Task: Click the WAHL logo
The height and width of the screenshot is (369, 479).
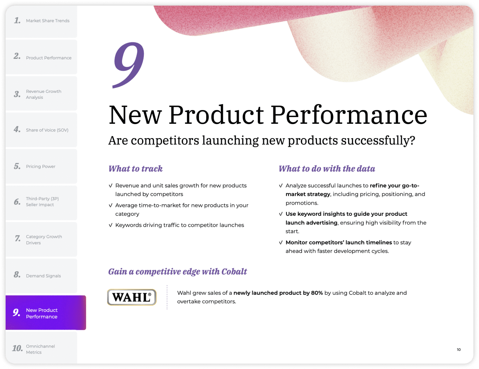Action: (x=131, y=297)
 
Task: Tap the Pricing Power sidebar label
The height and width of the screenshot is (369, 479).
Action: (x=41, y=166)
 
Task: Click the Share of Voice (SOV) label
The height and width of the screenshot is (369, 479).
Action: (x=47, y=130)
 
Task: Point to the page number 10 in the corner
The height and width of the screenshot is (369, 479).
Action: (x=459, y=350)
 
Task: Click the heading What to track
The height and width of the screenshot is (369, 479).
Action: (x=136, y=169)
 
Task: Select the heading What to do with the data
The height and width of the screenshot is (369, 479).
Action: (x=327, y=169)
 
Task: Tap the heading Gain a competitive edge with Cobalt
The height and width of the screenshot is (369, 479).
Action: (x=177, y=272)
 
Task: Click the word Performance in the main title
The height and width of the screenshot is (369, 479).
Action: (x=349, y=115)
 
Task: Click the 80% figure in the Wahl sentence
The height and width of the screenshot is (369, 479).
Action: (x=317, y=293)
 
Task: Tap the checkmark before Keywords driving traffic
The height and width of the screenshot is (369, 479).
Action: (x=111, y=225)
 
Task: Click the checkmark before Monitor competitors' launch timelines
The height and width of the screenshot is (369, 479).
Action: (x=281, y=242)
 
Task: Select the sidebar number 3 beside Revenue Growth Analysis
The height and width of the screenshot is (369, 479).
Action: (x=17, y=94)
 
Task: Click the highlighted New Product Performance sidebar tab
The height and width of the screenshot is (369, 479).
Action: (x=46, y=313)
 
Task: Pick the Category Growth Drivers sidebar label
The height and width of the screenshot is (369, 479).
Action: (x=44, y=240)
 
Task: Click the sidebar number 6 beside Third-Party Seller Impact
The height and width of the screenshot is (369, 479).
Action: (x=17, y=201)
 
